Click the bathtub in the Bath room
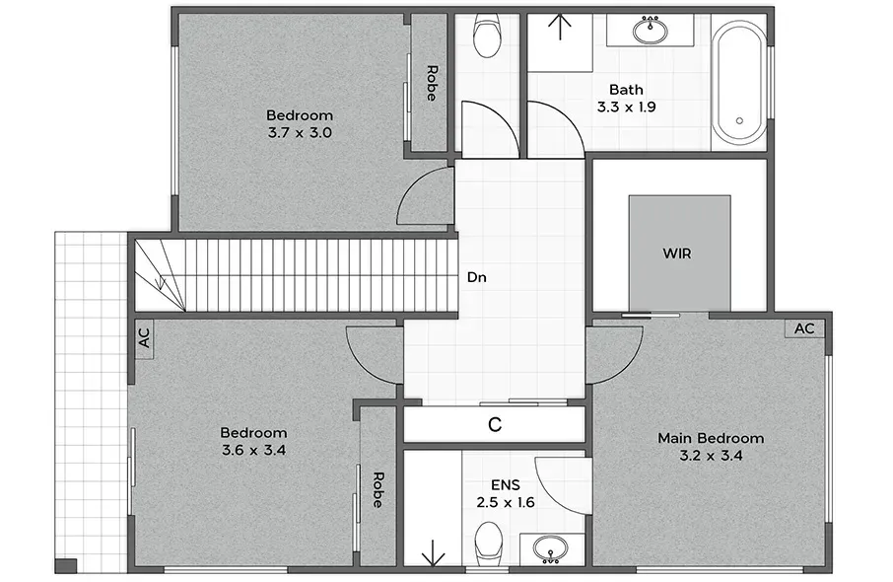tap(740, 79)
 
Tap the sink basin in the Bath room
tap(650, 31)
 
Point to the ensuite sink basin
tap(551, 549)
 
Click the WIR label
tap(676, 254)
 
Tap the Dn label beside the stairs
tap(477, 277)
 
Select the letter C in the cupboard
tap(495, 425)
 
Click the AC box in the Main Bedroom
tap(804, 328)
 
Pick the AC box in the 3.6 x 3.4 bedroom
tap(145, 338)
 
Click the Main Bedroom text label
tap(711, 438)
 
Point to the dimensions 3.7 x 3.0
tap(300, 133)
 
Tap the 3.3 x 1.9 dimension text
tap(627, 108)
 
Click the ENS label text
tap(506, 485)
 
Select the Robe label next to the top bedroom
tap(433, 83)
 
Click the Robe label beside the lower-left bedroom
tap(378, 489)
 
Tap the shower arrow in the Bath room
tap(561, 28)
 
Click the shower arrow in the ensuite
tap(433, 552)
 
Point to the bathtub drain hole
tap(739, 121)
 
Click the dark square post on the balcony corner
tap(66, 565)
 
